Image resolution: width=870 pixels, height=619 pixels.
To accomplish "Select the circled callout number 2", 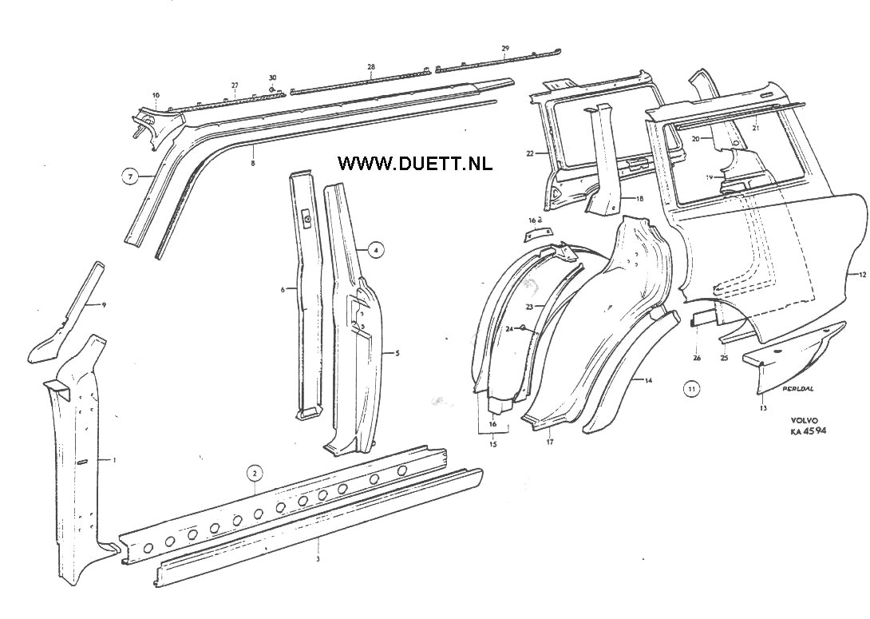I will tap(254, 473).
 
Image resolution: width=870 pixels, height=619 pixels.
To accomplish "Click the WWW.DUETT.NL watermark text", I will tap(415, 164).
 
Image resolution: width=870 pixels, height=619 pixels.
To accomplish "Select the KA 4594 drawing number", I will tap(809, 431).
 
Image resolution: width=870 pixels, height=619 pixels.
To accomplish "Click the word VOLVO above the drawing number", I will tap(805, 420).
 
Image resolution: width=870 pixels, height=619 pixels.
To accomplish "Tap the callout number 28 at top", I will tap(371, 67).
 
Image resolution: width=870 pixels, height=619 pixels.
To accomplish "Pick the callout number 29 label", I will tap(505, 50).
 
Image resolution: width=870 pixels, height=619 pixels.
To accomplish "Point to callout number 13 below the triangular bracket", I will tap(763, 407).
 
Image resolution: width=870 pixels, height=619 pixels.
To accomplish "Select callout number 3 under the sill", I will tap(318, 560).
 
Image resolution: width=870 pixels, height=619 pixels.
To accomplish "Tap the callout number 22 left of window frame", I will tap(529, 153).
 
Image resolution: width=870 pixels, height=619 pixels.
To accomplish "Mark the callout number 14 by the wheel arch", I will tap(649, 381).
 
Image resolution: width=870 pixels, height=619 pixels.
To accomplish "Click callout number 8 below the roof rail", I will tap(253, 164).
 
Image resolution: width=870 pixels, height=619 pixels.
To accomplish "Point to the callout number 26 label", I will tap(697, 358).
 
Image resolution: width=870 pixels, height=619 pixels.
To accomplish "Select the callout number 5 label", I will tap(397, 351).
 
